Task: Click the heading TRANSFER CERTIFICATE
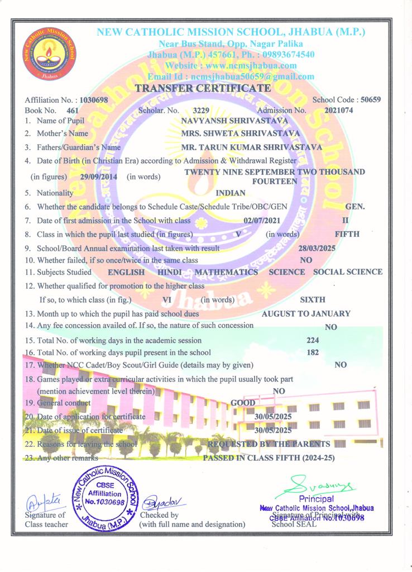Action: tap(203, 88)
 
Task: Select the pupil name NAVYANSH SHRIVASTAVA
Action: tap(235, 120)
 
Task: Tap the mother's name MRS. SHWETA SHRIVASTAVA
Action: tap(241, 134)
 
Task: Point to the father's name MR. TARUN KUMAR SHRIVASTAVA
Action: tap(252, 147)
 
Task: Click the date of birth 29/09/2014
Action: tap(98, 177)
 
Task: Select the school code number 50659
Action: tap(371, 100)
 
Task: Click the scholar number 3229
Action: tap(201, 111)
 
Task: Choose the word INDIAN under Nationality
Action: tap(231, 193)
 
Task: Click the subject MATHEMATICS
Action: tap(226, 272)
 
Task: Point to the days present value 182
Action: tap(313, 352)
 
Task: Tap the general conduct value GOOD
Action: tap(243, 403)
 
